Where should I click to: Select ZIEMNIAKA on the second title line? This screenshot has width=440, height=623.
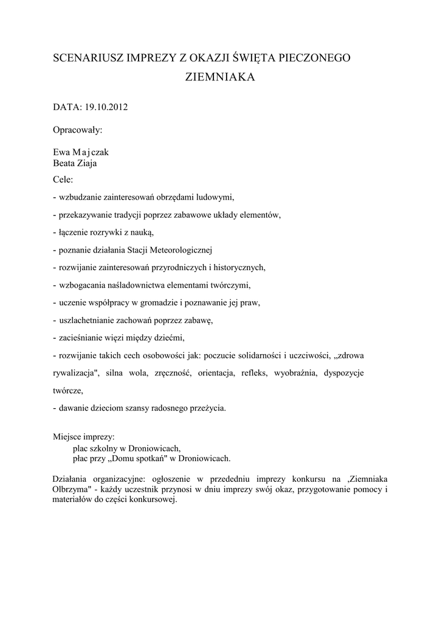point(219,78)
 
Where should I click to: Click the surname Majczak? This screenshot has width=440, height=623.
point(91,152)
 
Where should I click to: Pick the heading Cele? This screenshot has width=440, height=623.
point(63,179)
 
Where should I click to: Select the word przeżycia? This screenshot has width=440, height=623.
point(206,408)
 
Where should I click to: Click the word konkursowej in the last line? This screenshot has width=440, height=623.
point(152,499)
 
